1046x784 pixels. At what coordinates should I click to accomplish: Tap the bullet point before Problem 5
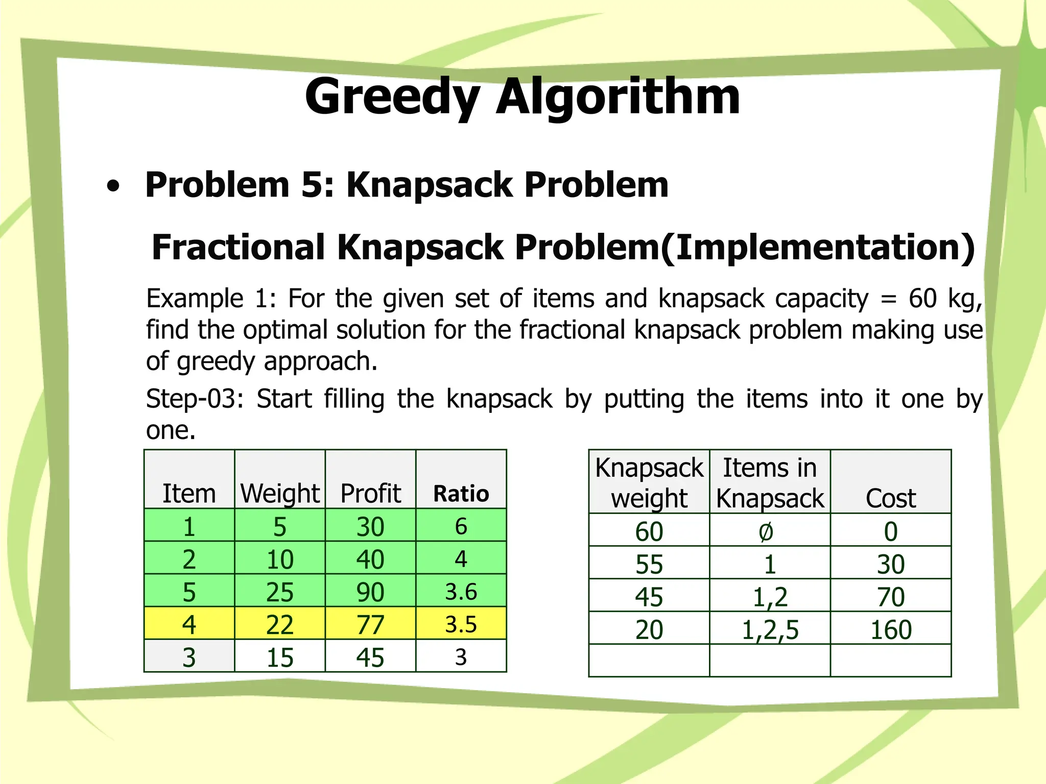tap(113, 186)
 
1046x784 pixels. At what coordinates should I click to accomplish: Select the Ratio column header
tap(461, 494)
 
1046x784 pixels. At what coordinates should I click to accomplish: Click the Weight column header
tap(280, 494)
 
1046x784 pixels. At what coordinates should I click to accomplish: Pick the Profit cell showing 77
tap(370, 624)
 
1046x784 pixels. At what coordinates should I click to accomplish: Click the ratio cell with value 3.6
tap(461, 592)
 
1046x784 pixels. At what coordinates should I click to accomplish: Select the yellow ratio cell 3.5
tap(461, 624)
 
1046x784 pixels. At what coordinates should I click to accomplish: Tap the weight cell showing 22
tap(280, 624)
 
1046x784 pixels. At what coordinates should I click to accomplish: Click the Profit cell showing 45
tap(370, 657)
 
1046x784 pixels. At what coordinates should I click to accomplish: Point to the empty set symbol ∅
tap(766, 532)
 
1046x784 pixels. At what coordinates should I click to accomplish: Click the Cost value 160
tap(891, 629)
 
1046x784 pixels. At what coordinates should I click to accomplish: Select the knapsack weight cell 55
tap(649, 564)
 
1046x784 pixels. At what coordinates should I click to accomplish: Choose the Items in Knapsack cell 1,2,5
tap(770, 629)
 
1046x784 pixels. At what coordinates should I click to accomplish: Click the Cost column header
tap(891, 498)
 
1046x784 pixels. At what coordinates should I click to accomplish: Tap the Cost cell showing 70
tap(891, 597)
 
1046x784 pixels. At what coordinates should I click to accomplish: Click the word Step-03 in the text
tap(194, 399)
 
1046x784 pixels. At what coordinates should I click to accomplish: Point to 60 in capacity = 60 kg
tap(922, 298)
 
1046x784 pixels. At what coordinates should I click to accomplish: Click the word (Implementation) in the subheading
tap(818, 248)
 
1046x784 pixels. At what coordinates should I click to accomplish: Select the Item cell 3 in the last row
tap(189, 657)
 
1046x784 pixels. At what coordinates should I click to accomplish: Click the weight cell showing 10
tap(280, 559)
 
